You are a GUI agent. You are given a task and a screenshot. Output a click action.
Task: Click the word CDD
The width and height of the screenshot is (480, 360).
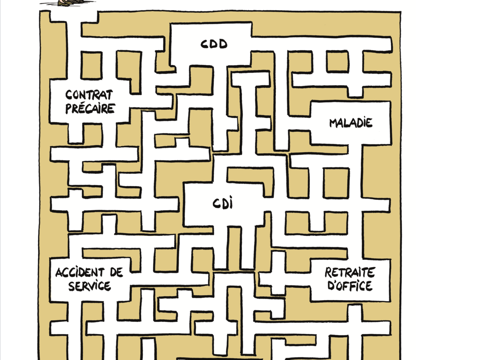click(x=214, y=44)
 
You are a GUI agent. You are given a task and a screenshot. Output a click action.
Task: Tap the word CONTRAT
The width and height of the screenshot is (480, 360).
click(x=89, y=95)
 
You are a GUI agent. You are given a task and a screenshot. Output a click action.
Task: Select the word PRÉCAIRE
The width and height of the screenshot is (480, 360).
click(x=90, y=109)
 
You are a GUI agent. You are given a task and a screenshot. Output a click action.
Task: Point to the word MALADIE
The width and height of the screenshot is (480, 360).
click(x=351, y=123)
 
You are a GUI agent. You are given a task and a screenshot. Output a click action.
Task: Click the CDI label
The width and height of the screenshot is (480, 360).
click(x=222, y=203)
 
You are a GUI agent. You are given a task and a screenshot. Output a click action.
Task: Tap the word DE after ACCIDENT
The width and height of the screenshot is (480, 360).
click(x=117, y=272)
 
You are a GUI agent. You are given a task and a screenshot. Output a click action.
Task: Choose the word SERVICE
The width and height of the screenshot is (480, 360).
click(x=89, y=286)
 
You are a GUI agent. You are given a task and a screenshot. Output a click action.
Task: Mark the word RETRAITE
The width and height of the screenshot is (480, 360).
click(x=350, y=272)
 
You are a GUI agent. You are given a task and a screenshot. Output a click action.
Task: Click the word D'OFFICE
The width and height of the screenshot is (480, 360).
click(x=350, y=285)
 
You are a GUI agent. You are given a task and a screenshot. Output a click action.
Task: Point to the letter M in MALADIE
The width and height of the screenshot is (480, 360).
click(x=334, y=123)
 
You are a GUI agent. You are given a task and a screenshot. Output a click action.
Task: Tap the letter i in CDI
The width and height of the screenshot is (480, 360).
click(x=230, y=203)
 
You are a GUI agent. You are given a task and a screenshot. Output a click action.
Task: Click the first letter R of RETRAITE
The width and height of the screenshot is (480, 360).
click(x=329, y=272)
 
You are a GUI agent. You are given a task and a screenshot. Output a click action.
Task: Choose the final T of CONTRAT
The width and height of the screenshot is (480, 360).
click(x=109, y=95)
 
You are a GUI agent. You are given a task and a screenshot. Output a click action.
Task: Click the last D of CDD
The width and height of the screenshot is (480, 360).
click(x=223, y=44)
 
